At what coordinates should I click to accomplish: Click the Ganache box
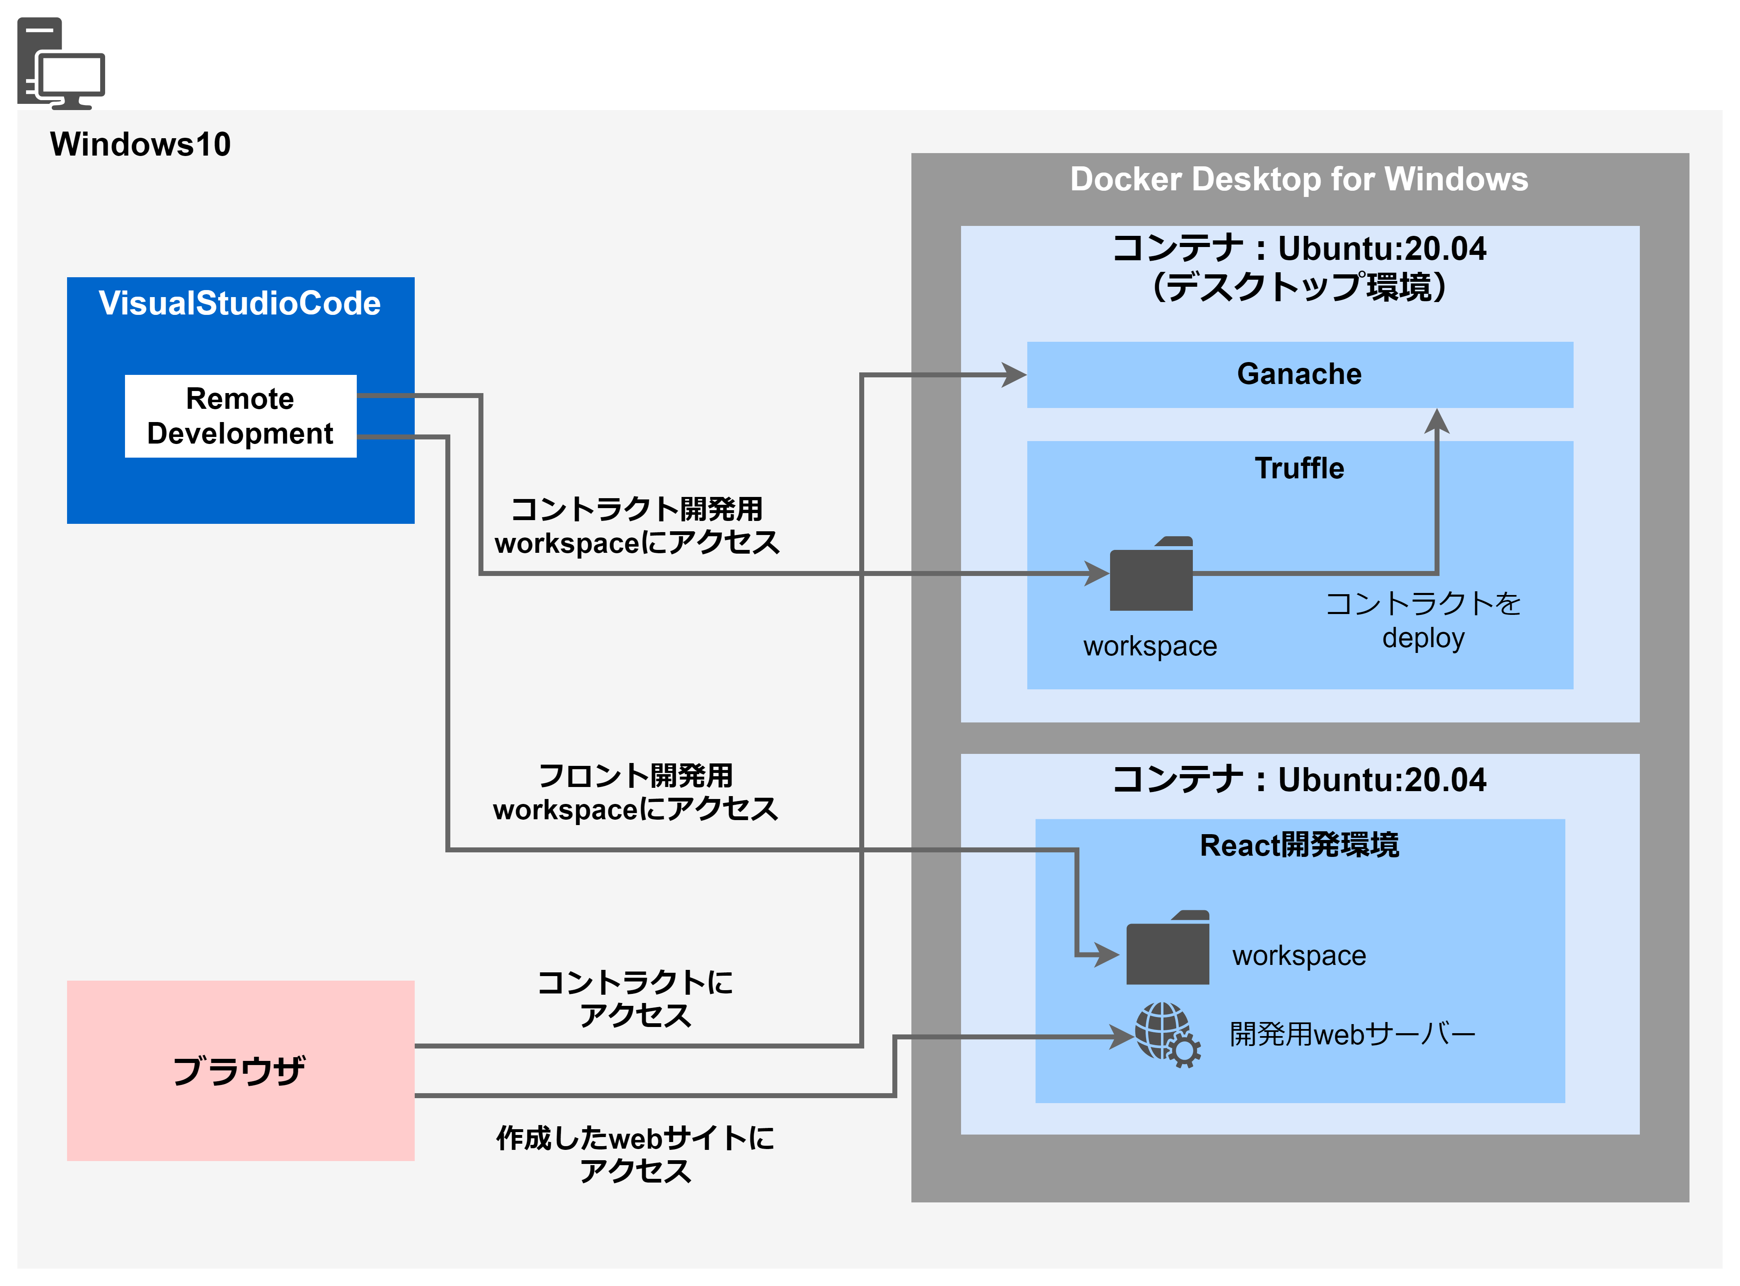1299,374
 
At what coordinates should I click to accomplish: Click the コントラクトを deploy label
1423,620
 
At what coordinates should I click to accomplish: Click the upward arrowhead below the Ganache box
1436,421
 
